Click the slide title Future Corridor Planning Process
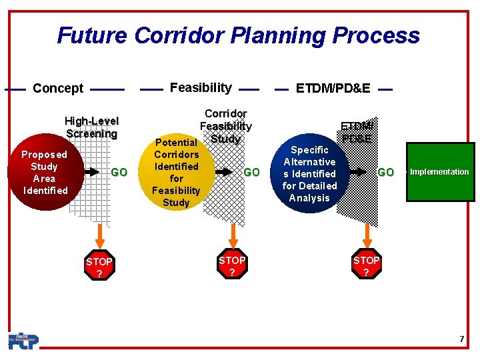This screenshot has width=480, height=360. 239,35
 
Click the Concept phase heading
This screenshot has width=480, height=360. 58,89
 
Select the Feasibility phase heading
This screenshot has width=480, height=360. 201,87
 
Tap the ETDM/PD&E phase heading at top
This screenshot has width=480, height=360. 333,88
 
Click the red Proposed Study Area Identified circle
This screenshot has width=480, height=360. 44,172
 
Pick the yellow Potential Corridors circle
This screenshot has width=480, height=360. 176,172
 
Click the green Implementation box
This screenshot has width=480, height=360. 439,172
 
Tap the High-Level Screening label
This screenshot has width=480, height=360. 91,127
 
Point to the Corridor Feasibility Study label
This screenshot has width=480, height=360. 226,126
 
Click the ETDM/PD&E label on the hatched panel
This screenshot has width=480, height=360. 357,132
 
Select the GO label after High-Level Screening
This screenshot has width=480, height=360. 119,173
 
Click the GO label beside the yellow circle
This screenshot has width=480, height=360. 251,173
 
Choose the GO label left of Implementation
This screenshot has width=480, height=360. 385,173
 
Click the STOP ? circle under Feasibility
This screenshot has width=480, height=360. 232,266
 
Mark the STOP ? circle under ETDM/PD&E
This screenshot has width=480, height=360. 366,266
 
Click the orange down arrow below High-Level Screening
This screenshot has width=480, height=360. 100,234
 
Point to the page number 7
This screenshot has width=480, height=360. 461,339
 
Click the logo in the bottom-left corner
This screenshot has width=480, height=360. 23,341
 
